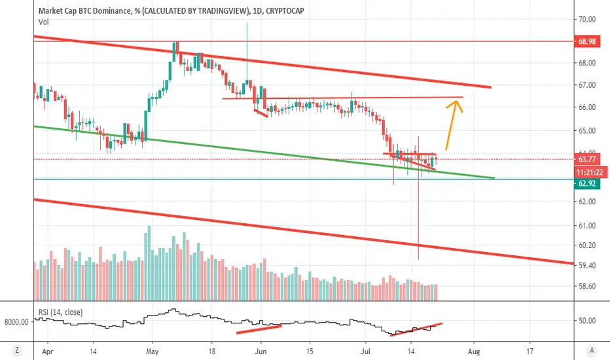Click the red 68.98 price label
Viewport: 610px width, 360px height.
click(586, 41)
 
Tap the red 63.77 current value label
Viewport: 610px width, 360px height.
click(586, 159)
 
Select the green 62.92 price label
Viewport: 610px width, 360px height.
click(586, 183)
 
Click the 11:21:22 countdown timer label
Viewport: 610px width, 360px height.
click(589, 172)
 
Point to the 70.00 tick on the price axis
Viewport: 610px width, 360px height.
click(586, 19)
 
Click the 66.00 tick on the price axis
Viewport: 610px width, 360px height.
click(586, 107)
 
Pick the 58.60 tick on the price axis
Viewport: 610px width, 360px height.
click(586, 286)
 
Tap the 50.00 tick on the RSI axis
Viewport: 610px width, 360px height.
click(586, 321)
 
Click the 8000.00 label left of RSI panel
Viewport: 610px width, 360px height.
click(16, 322)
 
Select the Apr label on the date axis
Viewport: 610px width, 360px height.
click(48, 351)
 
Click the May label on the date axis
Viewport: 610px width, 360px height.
click(152, 351)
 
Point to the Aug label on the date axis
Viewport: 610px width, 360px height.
click(473, 351)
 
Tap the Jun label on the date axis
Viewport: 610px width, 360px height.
click(260, 351)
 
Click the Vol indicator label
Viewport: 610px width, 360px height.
click(44, 22)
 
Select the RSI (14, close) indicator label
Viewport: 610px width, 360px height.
click(60, 312)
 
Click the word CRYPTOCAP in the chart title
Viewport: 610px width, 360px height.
click(285, 11)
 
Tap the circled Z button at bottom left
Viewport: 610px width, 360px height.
click(17, 350)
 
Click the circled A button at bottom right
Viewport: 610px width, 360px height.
click(592, 350)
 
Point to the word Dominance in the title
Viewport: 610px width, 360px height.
click(111, 11)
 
